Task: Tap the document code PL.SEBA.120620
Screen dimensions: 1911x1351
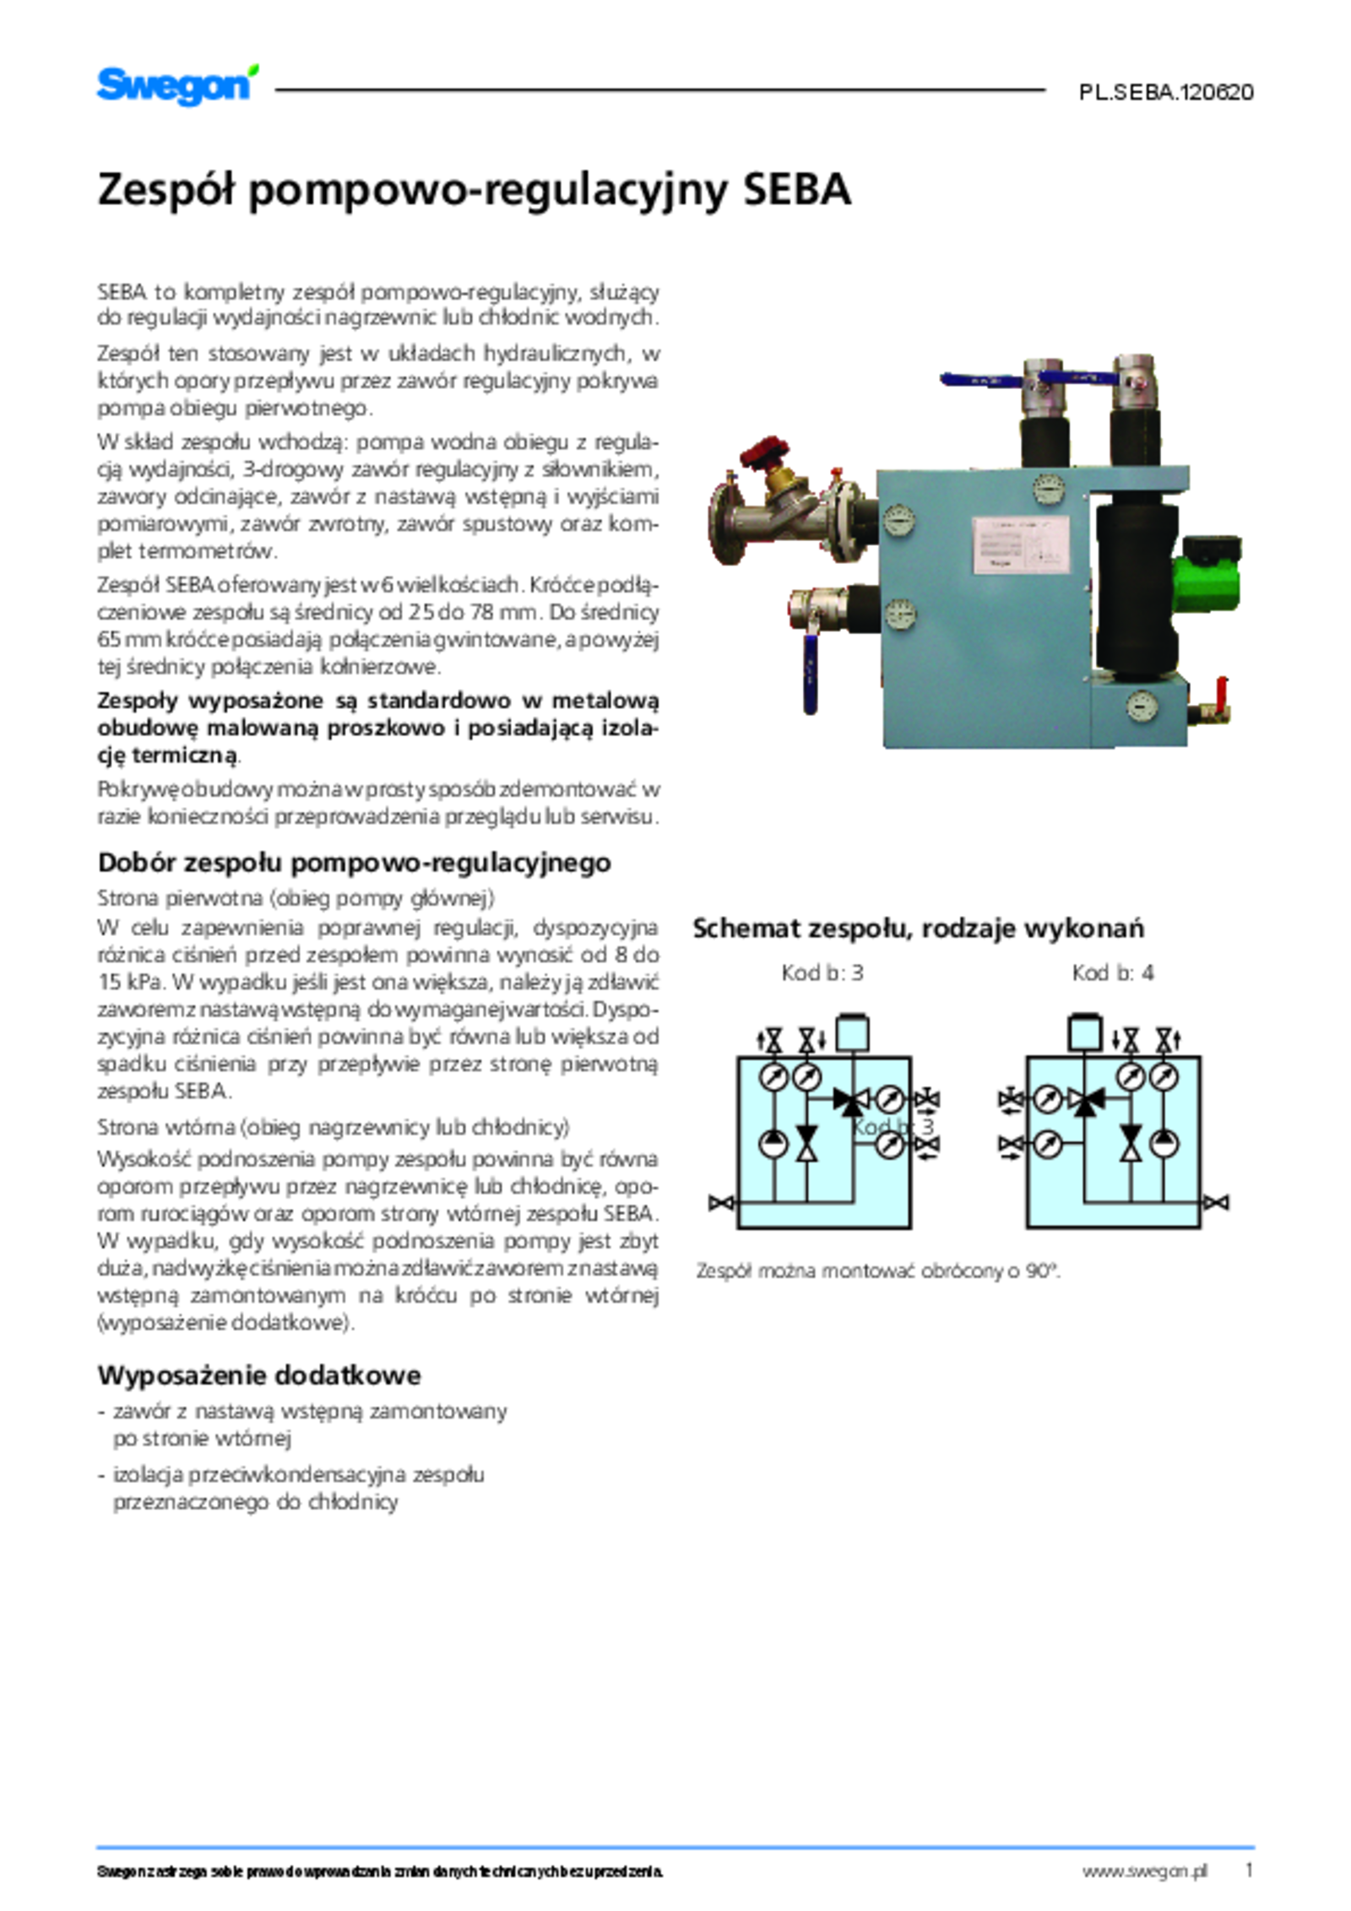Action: coord(1165,93)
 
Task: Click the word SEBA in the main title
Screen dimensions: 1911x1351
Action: coord(796,190)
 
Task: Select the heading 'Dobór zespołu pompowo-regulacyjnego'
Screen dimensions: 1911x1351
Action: coord(354,863)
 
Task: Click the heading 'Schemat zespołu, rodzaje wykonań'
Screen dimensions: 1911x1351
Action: coord(918,928)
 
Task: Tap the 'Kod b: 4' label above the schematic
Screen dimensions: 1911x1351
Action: coord(1112,973)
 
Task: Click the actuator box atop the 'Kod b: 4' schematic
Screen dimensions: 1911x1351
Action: coord(1085,1032)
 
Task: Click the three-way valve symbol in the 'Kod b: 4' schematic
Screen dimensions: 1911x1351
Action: coord(1086,1100)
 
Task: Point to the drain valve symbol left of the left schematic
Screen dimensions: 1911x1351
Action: coord(720,1202)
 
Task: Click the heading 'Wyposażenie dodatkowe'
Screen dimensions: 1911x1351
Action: coord(258,1375)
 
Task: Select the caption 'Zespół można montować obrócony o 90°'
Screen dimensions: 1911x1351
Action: coord(877,1270)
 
